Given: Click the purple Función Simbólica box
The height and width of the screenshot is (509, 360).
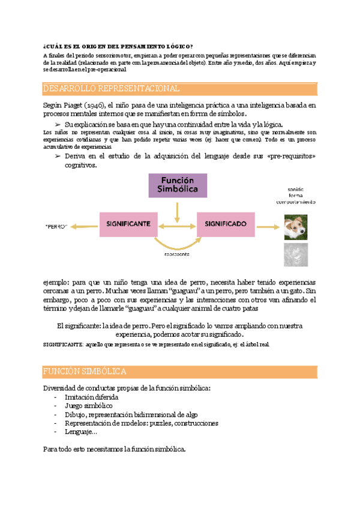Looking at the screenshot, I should click(x=178, y=185).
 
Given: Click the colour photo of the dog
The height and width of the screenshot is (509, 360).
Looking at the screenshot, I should click(x=296, y=227).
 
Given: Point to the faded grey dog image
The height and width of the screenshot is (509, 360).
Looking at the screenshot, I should click(x=296, y=254).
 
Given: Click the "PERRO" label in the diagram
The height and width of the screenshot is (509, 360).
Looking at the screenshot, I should click(x=55, y=227).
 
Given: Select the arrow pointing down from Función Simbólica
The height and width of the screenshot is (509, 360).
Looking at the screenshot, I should click(x=177, y=211).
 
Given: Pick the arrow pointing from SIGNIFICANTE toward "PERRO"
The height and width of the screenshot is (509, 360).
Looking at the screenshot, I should click(x=83, y=226).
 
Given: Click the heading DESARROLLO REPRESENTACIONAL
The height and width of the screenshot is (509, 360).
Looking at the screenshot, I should click(x=112, y=88).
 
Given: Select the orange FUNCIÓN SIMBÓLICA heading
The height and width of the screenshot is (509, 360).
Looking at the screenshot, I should click(x=85, y=372).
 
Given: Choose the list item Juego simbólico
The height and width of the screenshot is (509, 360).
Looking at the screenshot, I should click(x=88, y=406).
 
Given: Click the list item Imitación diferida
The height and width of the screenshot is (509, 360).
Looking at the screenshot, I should click(x=91, y=397).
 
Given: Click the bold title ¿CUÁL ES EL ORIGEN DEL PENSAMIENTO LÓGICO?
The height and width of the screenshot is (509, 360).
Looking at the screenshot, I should click(x=118, y=47).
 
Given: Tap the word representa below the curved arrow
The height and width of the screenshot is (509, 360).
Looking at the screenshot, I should click(x=177, y=254).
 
